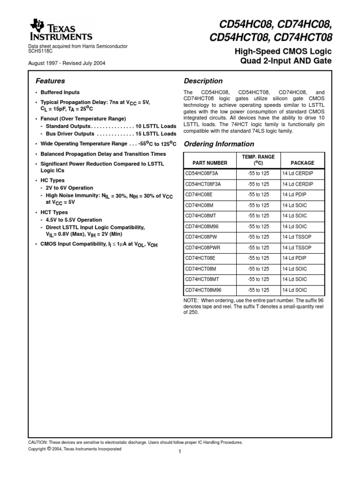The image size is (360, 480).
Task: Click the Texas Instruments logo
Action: click(61, 30)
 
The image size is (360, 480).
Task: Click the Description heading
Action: click(203, 81)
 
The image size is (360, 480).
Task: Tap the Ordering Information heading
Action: click(218, 144)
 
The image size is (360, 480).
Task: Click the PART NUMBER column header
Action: click(210, 163)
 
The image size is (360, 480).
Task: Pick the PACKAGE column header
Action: click(302, 163)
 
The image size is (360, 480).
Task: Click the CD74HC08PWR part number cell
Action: click(206, 247)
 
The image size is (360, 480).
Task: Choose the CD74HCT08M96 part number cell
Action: click(207, 290)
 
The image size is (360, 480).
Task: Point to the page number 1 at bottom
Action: click(180, 452)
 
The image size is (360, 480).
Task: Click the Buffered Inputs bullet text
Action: click(60, 92)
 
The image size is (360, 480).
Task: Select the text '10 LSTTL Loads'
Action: click(156, 127)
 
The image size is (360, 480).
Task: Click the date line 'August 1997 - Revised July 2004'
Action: click(67, 63)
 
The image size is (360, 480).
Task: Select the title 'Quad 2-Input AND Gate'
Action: click(285, 61)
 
